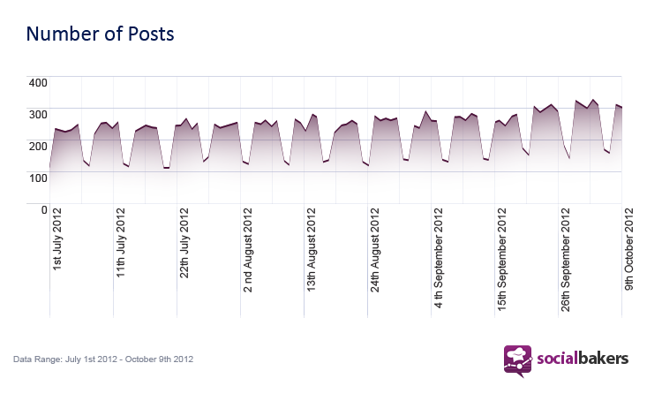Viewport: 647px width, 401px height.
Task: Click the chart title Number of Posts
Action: [101, 34]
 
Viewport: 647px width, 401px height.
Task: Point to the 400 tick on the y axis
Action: [38, 83]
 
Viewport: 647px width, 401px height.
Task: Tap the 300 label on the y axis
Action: [38, 115]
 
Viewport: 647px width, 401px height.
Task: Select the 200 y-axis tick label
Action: [38, 147]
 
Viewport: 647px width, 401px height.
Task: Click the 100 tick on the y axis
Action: [38, 178]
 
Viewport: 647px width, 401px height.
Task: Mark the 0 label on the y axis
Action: [44, 210]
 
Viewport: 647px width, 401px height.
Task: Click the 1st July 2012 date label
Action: [57, 239]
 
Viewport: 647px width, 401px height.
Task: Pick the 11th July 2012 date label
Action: [121, 243]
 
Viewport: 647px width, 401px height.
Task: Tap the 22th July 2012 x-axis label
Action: [184, 243]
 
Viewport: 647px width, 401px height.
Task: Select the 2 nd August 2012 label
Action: [247, 250]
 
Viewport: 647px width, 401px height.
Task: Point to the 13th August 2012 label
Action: [311, 250]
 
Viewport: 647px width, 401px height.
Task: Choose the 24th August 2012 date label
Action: [374, 250]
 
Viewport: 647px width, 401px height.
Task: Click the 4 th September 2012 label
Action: [438, 258]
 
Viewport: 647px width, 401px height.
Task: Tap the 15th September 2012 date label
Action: [501, 260]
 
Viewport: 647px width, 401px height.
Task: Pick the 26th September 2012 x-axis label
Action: [565, 260]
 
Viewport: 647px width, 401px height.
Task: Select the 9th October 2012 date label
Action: [628, 249]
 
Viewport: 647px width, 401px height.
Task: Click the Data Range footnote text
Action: [103, 359]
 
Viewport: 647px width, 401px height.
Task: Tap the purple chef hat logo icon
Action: [518, 361]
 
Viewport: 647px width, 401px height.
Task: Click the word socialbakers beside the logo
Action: [583, 358]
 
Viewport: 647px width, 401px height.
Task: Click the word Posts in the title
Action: [151, 34]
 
